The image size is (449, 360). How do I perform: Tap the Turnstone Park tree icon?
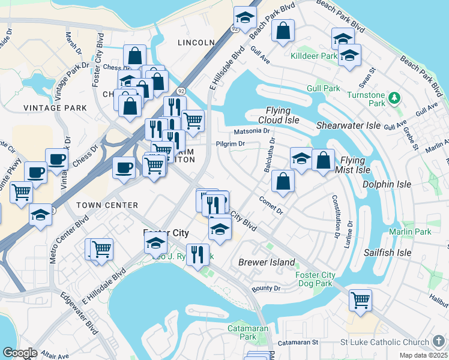coord(394,97)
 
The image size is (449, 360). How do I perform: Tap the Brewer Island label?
coord(267,262)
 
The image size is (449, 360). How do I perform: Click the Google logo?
coord(20,352)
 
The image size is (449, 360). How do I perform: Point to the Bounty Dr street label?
coord(267,289)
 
